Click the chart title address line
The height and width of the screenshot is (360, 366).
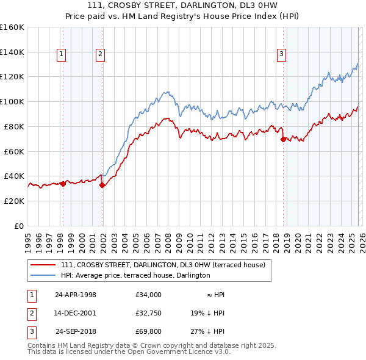pyautogui.click(x=183, y=6)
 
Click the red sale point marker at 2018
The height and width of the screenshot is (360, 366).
pyautogui.click(x=283, y=139)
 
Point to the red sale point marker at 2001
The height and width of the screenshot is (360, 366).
pyautogui.click(x=102, y=185)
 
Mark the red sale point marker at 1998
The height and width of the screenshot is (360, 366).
pyautogui.click(x=63, y=183)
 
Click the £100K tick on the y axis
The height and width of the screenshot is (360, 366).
pyautogui.click(x=12, y=101)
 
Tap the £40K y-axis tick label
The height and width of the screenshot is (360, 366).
pyautogui.click(x=14, y=176)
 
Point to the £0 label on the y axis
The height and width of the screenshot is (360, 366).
pyautogui.click(x=18, y=226)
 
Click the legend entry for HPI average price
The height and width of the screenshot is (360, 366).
pyautogui.click(x=135, y=275)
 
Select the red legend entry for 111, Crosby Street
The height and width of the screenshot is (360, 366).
pyautogui.click(x=163, y=265)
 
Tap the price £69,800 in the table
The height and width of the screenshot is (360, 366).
pyautogui.click(x=149, y=332)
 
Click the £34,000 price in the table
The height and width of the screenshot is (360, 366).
pyautogui.click(x=149, y=294)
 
